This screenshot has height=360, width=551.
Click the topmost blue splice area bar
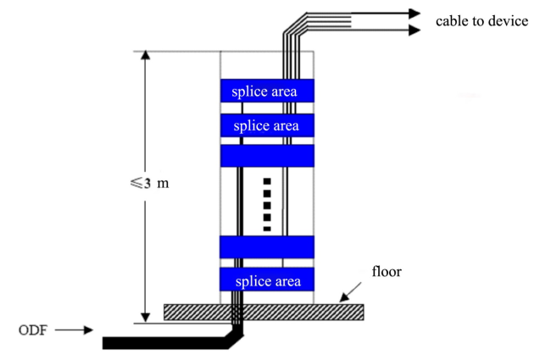coord(266,91)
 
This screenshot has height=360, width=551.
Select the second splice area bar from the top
coord(266,126)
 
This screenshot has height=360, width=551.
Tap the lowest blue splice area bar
coord(266,280)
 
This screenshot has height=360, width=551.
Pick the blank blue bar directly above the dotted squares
coord(266,156)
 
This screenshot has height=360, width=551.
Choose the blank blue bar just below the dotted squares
coord(266,246)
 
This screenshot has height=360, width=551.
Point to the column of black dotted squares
coord(267,204)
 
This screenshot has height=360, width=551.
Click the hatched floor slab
coord(263,312)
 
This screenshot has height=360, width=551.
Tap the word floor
coord(387,272)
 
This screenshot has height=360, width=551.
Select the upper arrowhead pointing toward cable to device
coord(413,14)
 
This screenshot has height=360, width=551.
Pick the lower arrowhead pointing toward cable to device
coord(413,30)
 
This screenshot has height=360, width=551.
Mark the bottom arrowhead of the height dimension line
coord(145,317)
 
